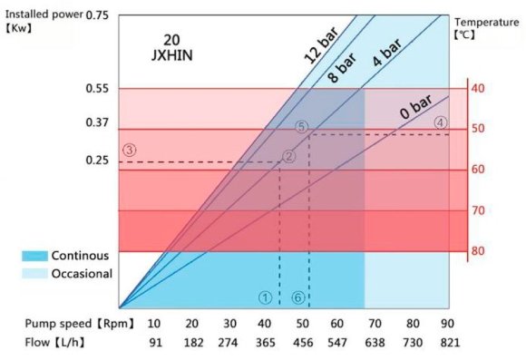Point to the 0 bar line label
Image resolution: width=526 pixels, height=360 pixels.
pos(415,111)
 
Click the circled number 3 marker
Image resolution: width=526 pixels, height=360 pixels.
pos(130,150)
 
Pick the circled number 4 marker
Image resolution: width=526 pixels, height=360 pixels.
pos(441,122)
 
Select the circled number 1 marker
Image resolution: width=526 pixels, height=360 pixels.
pos(265,297)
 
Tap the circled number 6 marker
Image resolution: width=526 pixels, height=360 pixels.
pos(297,297)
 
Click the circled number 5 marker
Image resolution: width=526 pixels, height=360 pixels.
pos(302,126)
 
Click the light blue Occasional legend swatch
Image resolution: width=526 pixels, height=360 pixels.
pos(34,273)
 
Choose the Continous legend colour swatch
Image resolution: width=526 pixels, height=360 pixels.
pos(34,256)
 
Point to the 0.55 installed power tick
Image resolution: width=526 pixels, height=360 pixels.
pos(96,88)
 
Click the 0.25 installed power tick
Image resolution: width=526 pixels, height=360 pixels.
pos(96,161)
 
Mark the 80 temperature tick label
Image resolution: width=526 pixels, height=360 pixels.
pos(478,251)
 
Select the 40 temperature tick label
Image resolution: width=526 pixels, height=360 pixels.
pos(478,88)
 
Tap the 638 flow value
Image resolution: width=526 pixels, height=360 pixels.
pos(374,342)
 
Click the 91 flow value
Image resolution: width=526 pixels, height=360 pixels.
pos(154,342)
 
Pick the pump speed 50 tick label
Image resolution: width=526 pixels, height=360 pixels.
pos(301,324)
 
